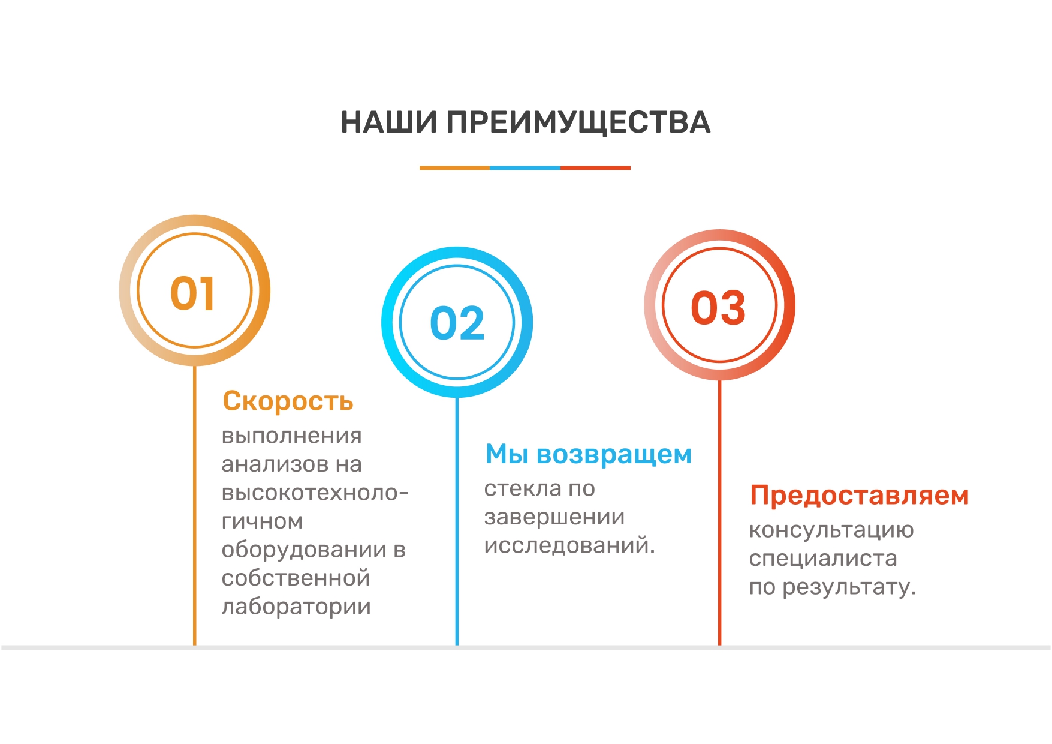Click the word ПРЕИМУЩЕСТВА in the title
[578, 124]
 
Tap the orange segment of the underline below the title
[455, 168]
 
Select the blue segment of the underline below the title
[525, 168]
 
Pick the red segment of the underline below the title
[595, 168]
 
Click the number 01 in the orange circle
[192, 294]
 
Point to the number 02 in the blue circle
[457, 323]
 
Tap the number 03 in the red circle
[719, 308]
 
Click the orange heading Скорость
[288, 401]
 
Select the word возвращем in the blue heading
[614, 455]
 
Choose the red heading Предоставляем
[860, 496]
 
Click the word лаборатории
[296, 607]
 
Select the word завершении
[554, 517]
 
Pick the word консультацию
[831, 530]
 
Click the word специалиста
[823, 559]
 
